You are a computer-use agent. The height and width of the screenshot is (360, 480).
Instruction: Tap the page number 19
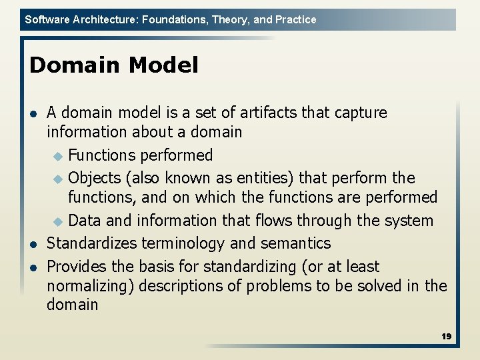point(446,337)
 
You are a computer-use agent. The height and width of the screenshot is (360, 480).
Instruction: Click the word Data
point(85,221)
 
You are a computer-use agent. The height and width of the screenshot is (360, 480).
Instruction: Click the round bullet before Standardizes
point(34,244)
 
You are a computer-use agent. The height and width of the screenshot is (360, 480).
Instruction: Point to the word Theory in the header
point(227,20)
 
